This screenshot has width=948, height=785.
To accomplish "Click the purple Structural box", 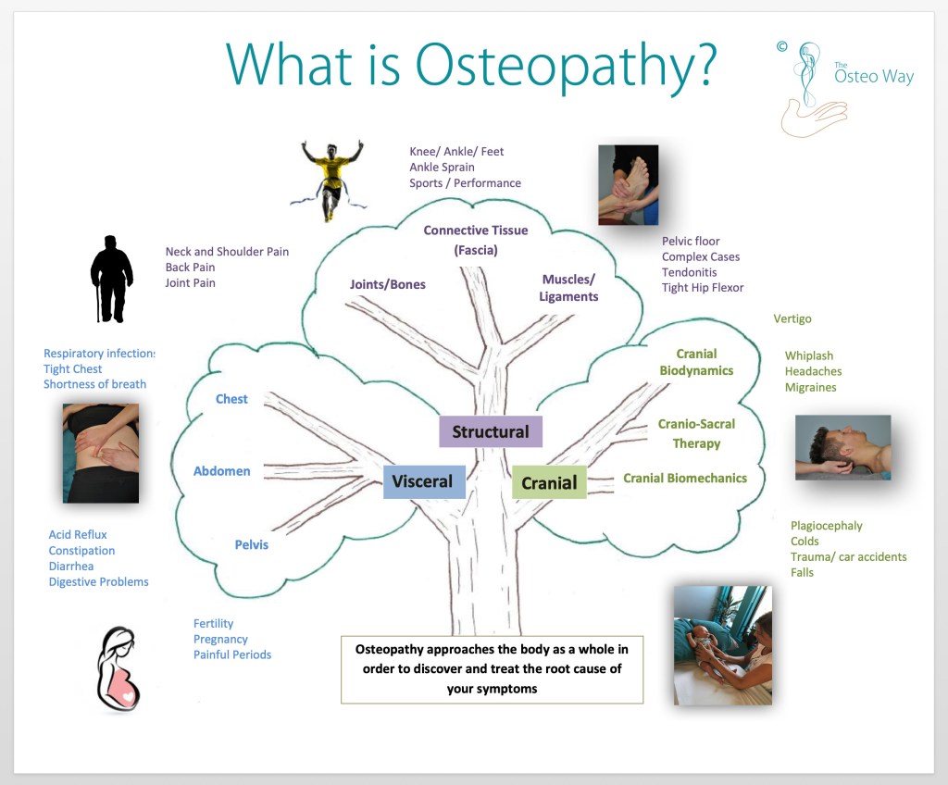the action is (x=491, y=431).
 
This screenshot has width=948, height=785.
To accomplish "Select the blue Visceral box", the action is (x=424, y=481).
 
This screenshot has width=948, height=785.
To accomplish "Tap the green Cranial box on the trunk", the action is (x=549, y=482).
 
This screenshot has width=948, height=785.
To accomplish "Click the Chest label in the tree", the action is (x=231, y=399).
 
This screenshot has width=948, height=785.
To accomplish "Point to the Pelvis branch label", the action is (x=252, y=545).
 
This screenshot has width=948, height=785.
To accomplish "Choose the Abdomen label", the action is (x=222, y=471).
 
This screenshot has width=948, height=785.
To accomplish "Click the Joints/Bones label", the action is (x=388, y=284).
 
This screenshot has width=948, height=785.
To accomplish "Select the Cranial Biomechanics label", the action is (x=685, y=479).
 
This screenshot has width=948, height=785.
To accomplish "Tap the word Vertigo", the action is (x=792, y=318).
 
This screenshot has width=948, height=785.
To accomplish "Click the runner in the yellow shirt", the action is (x=331, y=181).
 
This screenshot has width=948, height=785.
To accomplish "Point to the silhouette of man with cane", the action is (x=111, y=279).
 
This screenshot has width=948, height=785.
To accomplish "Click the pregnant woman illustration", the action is (x=118, y=669).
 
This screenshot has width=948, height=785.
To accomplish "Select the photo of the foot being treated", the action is (x=629, y=184).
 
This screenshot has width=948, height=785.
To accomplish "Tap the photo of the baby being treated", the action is (x=723, y=645).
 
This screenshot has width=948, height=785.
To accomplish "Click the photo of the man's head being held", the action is (x=842, y=447).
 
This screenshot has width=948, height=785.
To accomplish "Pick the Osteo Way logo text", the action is (x=874, y=74).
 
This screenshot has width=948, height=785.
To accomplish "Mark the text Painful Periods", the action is (x=232, y=654).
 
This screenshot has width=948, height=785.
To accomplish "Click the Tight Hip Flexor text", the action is (x=703, y=288).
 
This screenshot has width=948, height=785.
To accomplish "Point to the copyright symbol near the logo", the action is (x=781, y=46).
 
